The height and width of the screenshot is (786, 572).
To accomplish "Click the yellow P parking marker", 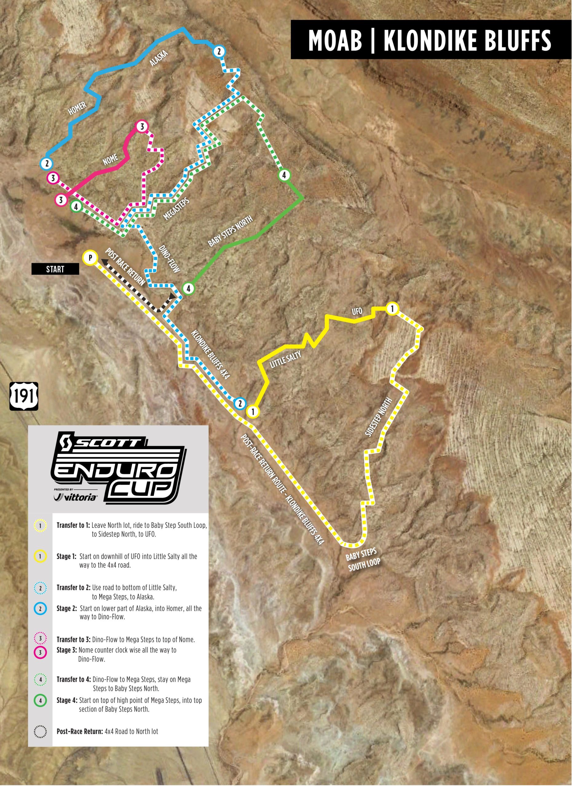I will [x=90, y=258].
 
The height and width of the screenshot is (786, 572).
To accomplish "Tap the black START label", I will [x=55, y=269].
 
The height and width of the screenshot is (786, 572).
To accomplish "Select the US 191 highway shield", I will [x=24, y=396].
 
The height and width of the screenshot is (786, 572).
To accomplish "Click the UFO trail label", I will [x=357, y=311].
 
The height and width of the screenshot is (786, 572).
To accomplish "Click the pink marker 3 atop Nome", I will [x=141, y=126].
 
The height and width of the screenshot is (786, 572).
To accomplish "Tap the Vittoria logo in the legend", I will [x=76, y=497].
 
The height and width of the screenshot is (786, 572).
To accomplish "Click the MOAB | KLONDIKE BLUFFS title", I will [x=429, y=41].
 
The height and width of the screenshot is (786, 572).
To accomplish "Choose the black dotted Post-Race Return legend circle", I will [x=41, y=700].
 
